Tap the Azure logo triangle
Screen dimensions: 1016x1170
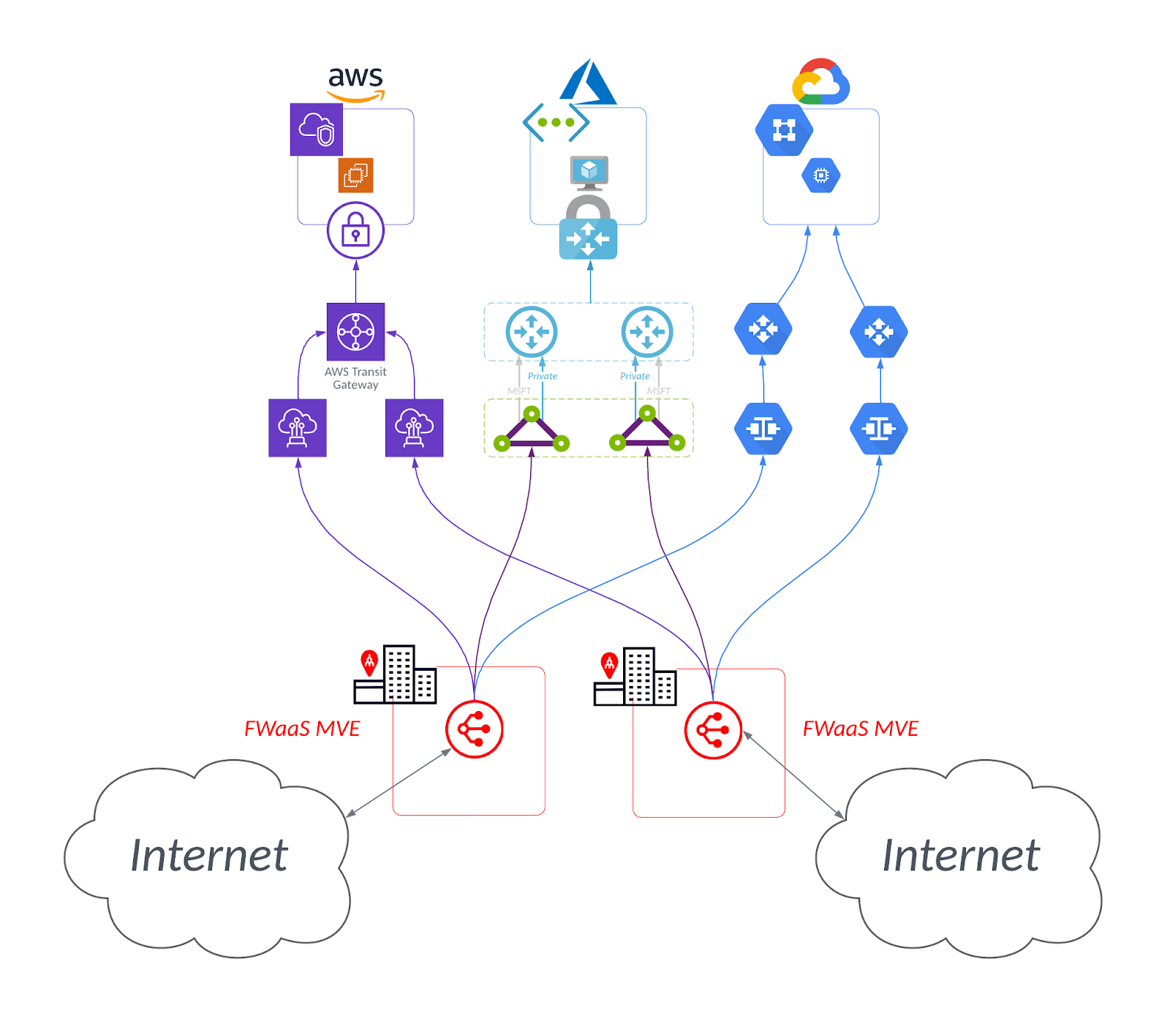[588, 82]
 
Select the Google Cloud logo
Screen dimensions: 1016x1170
[820, 81]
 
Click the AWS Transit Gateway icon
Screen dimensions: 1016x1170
[355, 331]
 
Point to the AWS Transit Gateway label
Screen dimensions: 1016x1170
[355, 378]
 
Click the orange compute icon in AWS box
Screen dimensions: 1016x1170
[356, 175]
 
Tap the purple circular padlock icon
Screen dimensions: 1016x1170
[355, 230]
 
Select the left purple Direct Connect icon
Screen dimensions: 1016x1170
[298, 428]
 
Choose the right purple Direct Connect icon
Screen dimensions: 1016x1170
[414, 428]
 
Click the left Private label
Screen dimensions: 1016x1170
[542, 376]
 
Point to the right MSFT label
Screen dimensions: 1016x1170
[658, 391]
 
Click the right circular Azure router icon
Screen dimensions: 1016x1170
[646, 331]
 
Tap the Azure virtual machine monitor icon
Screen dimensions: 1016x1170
[589, 173]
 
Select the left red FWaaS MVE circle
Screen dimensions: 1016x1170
[475, 729]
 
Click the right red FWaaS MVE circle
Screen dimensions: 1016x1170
[713, 730]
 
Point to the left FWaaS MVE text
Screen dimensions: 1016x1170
[302, 729]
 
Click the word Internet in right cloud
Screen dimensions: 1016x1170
[961, 855]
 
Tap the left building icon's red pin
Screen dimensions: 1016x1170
[369, 662]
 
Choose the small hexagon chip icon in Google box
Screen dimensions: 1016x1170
[820, 176]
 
